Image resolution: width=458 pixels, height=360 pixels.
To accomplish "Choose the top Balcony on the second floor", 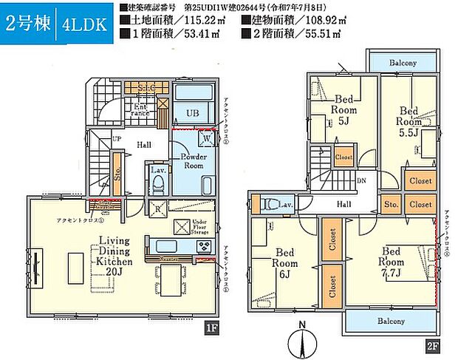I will pos(403,63).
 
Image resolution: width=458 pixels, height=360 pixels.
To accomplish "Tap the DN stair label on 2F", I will pos(360,180).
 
